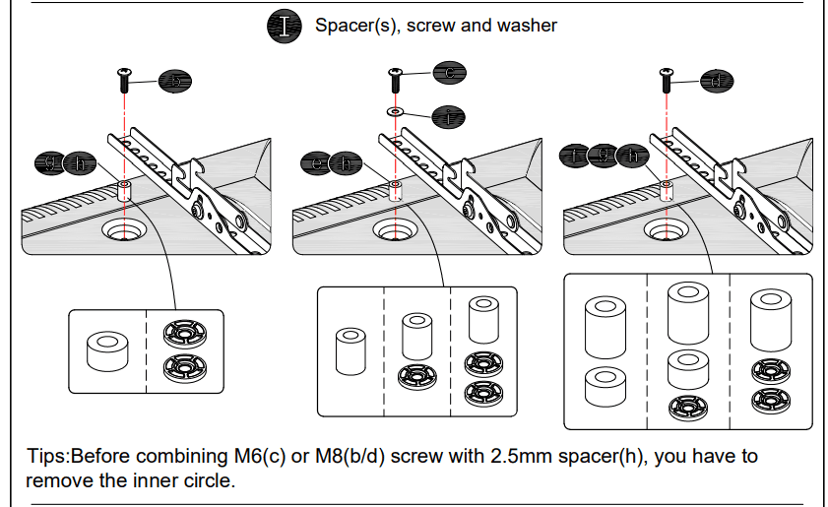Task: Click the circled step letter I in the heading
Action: point(286,26)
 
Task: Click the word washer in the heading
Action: point(525,26)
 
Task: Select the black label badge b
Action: point(174,83)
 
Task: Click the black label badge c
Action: point(449,72)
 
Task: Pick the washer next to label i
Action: point(395,112)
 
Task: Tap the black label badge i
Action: point(449,116)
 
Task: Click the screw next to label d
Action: point(667,74)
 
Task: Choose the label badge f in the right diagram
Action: point(575,155)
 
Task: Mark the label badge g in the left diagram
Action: point(50,162)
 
